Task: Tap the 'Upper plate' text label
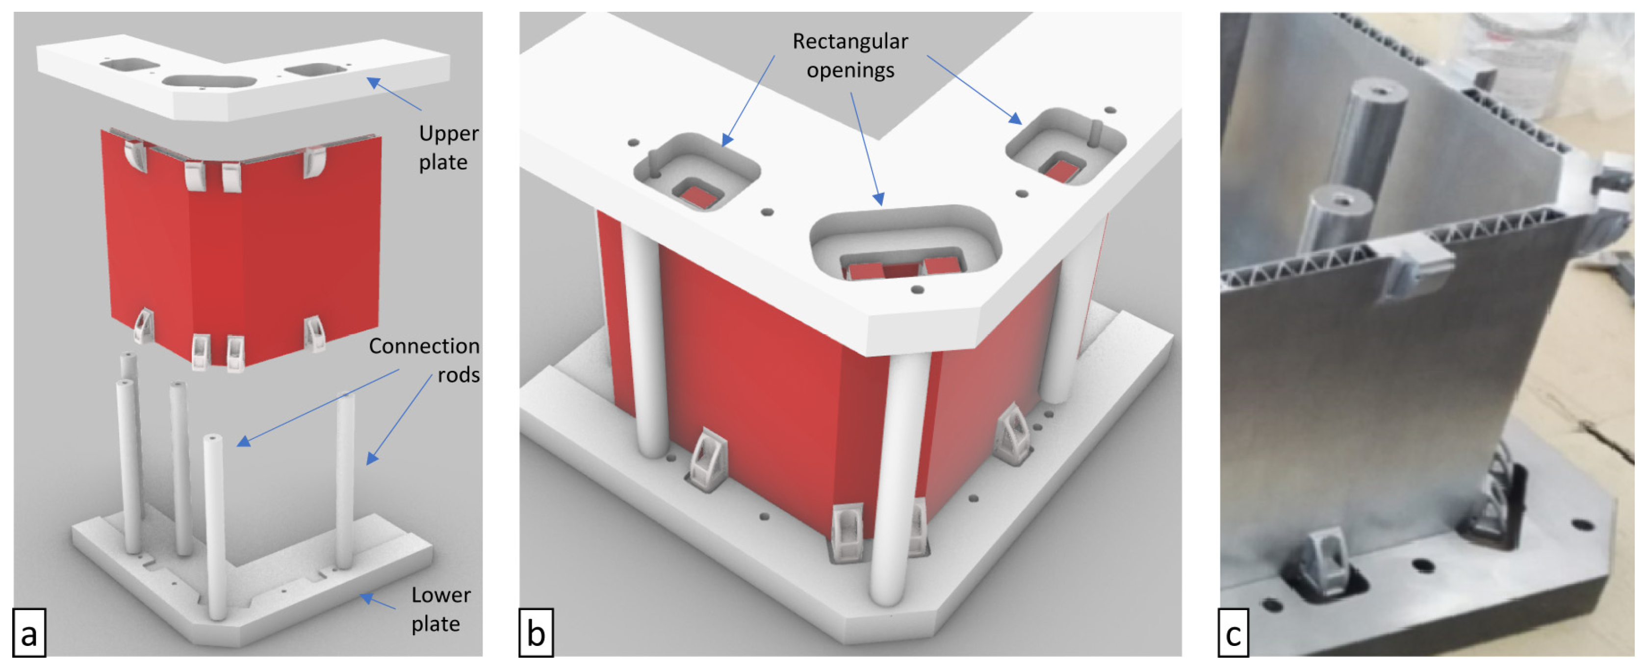click(448, 147)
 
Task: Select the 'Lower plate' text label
click(440, 609)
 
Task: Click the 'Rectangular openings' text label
click(850, 55)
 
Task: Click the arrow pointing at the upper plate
click(393, 93)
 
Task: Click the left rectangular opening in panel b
click(696, 172)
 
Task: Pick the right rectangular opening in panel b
click(1065, 147)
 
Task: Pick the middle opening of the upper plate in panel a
click(210, 82)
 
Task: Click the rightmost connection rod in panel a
click(345, 480)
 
